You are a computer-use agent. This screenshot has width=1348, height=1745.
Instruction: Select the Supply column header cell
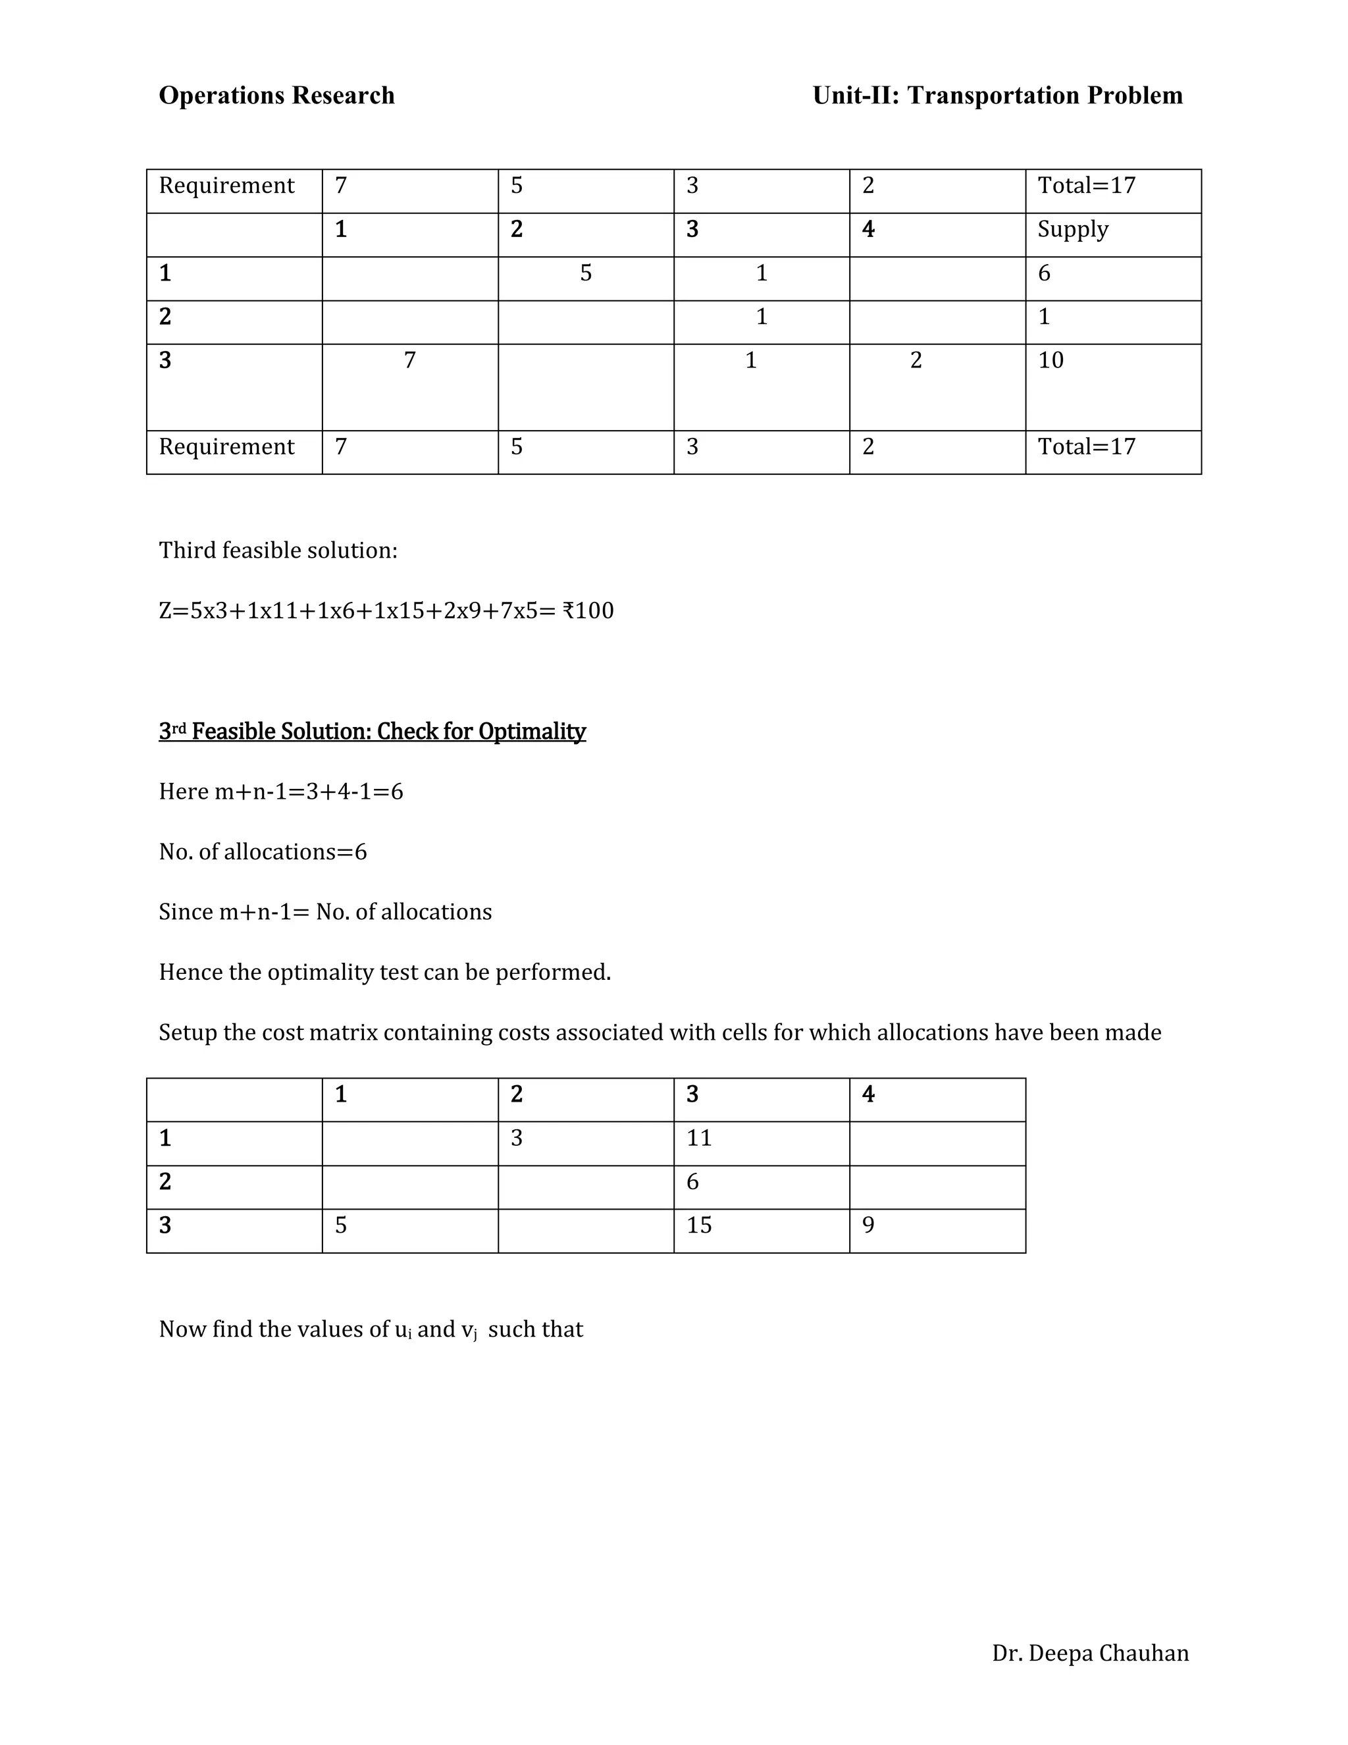tap(1072, 229)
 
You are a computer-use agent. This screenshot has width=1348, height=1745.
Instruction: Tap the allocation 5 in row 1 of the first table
tap(585, 273)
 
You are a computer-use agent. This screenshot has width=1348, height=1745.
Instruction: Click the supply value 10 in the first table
tap(1050, 360)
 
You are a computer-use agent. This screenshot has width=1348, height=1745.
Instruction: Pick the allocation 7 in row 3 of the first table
tap(409, 360)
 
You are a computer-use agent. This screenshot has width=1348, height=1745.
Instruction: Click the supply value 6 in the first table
tap(1044, 273)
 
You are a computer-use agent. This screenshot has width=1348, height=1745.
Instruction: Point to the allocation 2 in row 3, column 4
tap(916, 360)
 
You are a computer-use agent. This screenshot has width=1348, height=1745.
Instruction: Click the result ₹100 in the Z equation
tap(588, 611)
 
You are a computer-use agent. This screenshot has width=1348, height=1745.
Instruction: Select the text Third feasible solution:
tap(278, 550)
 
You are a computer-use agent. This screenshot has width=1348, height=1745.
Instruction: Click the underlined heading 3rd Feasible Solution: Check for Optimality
tap(372, 731)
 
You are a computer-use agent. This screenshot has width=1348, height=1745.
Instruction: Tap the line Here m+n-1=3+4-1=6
tap(281, 792)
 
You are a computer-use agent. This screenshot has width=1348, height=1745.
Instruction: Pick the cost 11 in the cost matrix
tap(699, 1138)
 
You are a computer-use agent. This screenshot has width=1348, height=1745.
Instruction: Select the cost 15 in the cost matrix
tap(699, 1225)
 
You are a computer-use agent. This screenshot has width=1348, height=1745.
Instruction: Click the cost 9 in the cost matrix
tap(868, 1225)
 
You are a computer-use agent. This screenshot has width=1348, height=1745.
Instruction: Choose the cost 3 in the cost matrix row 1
tap(517, 1138)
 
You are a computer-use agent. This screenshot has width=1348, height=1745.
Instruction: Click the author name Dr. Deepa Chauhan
tap(1090, 1653)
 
